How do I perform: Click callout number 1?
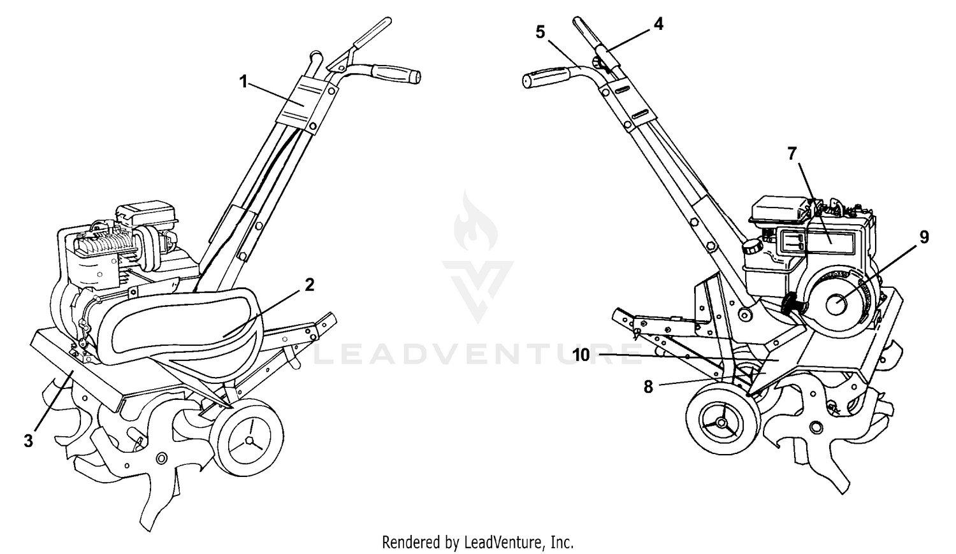pyautogui.click(x=243, y=81)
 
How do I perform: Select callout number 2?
pyautogui.click(x=309, y=285)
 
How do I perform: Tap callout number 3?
pyautogui.click(x=28, y=441)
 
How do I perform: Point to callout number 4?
pyautogui.click(x=658, y=24)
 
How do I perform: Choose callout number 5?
pyautogui.click(x=540, y=32)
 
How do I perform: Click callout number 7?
pyautogui.click(x=792, y=153)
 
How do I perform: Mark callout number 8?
pyautogui.click(x=648, y=387)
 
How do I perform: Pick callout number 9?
pyautogui.click(x=924, y=237)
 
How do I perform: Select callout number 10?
pyautogui.click(x=581, y=355)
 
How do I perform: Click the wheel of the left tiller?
pyautogui.click(x=250, y=439)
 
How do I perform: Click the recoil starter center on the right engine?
pyautogui.click(x=837, y=304)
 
